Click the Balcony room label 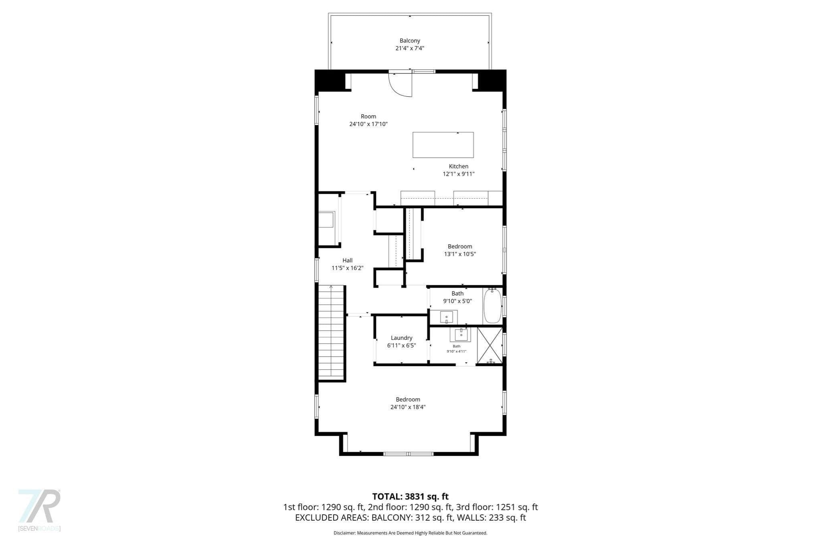tap(410, 41)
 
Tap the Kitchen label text tap(458, 166)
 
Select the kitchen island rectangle tap(443, 145)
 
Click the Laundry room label tap(401, 338)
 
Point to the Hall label tap(348, 260)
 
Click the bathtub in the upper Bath tap(492, 306)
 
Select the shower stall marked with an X tap(489, 345)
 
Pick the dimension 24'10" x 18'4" tap(408, 407)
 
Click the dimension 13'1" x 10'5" tap(460, 254)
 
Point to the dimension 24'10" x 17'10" tap(368, 124)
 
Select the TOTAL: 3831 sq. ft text tap(410, 497)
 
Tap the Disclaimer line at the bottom tap(410, 533)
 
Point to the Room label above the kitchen tap(368, 116)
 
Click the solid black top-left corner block tap(330, 80)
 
